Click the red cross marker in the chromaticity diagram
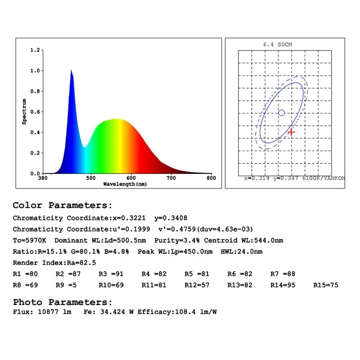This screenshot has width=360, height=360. pos(291,132)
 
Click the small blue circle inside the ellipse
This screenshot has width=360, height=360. pos(282,113)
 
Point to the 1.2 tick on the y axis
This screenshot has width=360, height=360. pos(35,50)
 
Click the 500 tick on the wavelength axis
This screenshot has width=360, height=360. pos(91,178)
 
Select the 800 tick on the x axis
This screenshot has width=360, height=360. pos(211,178)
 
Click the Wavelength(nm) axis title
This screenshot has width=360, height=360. pos(125,184)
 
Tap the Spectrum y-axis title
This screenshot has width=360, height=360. pos(24,112)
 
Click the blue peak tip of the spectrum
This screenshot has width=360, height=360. pos(71,71)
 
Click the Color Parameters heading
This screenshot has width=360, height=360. pos(63,206)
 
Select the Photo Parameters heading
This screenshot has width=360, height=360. pos(63,302)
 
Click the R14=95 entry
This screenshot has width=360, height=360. pos(283,285)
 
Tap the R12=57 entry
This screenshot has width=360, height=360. pos(197,285)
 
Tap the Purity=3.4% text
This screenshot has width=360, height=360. pos(174,240)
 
